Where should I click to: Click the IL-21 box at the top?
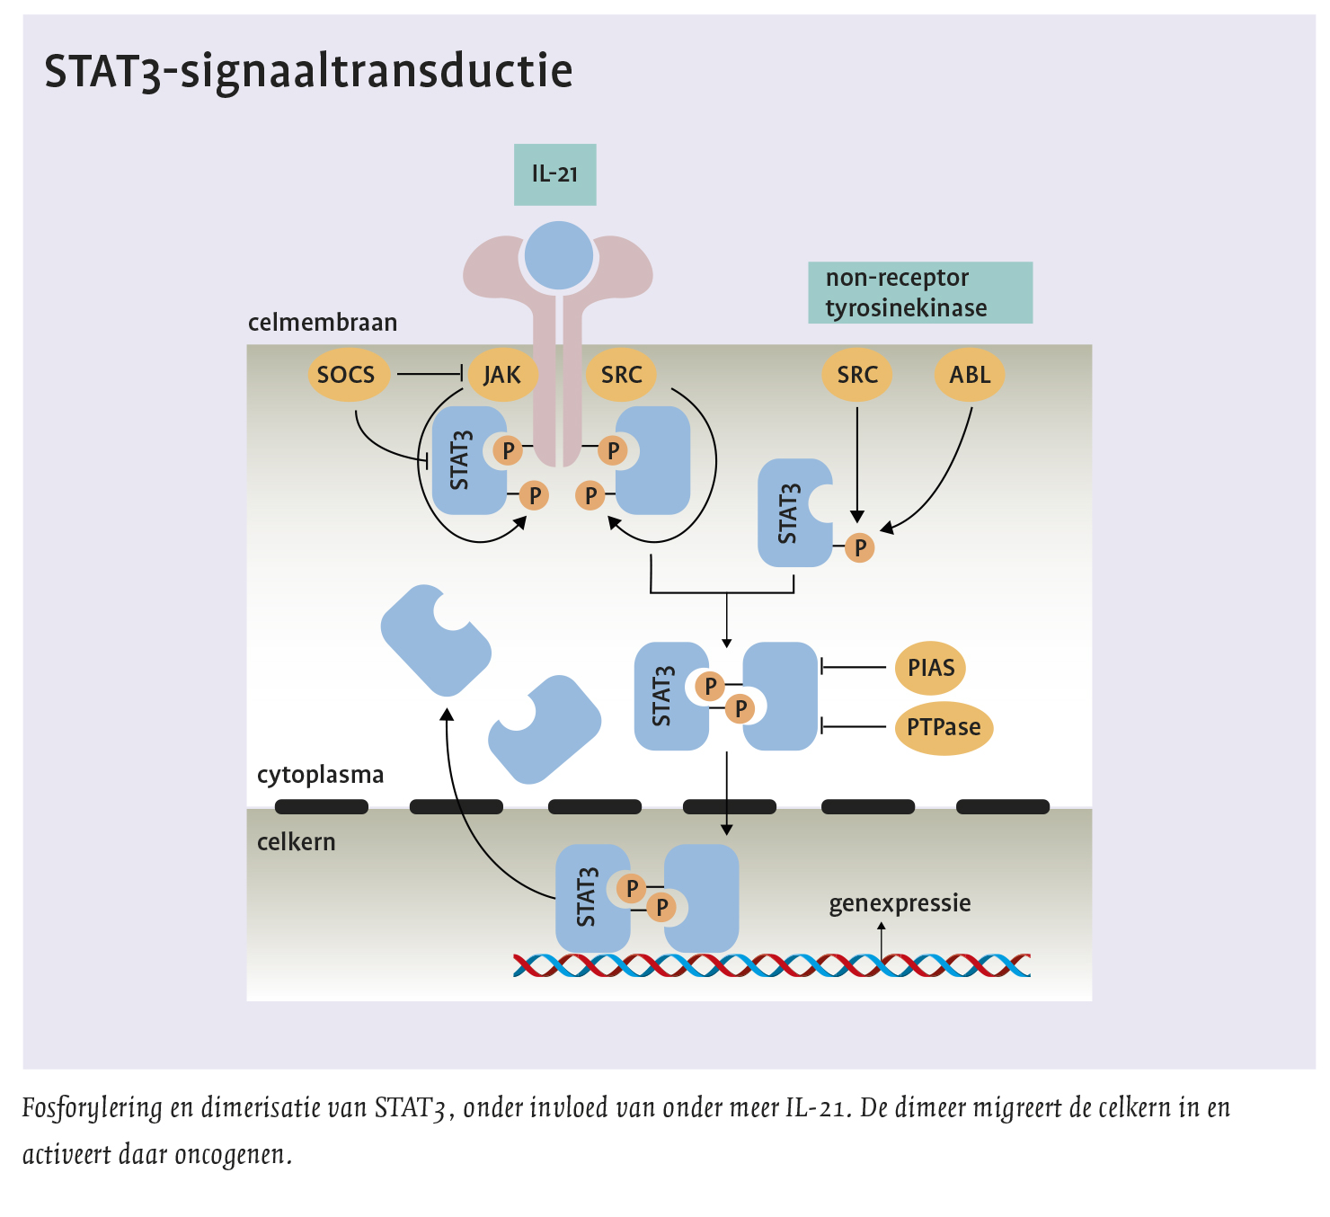click(x=554, y=174)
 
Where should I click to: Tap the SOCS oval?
click(x=346, y=375)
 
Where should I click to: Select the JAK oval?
click(x=501, y=375)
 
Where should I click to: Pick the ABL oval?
click(x=970, y=375)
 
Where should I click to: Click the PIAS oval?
click(x=930, y=668)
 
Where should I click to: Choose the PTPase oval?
click(x=943, y=727)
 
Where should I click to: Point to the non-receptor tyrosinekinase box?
click(x=919, y=293)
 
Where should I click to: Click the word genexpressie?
click(x=900, y=903)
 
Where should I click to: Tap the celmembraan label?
click(x=323, y=323)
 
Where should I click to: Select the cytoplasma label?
click(x=320, y=775)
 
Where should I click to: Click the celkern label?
click(x=296, y=842)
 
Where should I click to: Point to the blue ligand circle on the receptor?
click(x=559, y=255)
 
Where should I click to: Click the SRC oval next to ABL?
click(x=857, y=375)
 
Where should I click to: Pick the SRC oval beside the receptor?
click(x=621, y=375)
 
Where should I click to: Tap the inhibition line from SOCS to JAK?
click(x=429, y=374)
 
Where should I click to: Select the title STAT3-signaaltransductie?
click(x=308, y=71)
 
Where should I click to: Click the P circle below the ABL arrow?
click(x=860, y=547)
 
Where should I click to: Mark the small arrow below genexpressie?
click(x=882, y=940)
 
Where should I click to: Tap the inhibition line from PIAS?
click(x=854, y=667)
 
